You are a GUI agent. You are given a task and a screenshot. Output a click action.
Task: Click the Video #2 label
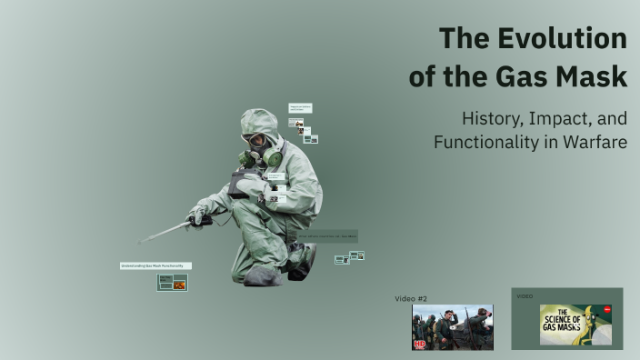pos(411,298)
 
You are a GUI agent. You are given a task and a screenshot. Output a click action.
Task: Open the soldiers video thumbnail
pos(453,326)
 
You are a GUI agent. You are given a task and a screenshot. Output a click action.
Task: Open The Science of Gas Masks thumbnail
pos(575,324)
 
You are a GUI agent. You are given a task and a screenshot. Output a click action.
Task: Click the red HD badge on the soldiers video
pos(419,344)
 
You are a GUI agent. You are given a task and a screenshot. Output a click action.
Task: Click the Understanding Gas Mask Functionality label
pos(155,265)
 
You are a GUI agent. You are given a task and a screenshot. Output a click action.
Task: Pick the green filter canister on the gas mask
pos(273,157)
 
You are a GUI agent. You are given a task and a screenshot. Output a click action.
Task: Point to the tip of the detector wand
pos(141,242)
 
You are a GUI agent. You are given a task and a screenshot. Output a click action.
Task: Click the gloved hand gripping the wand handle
pos(198,216)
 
